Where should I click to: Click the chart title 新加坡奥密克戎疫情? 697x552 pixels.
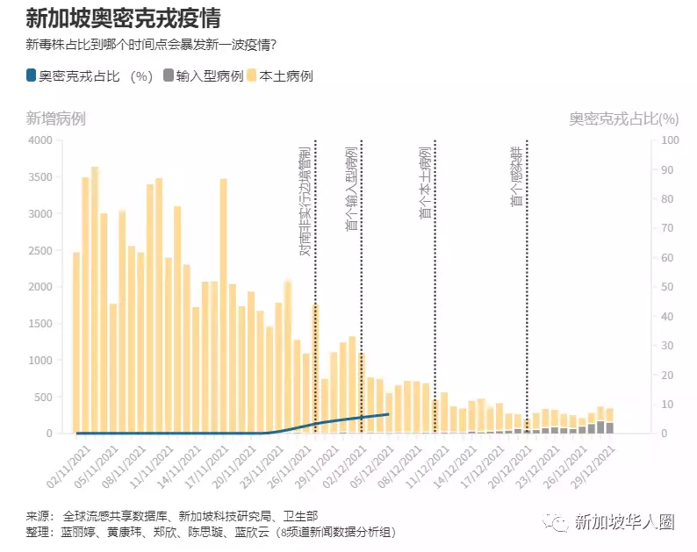coord(123,18)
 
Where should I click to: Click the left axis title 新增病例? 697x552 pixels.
coord(56,118)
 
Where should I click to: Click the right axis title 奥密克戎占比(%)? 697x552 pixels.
coord(623,118)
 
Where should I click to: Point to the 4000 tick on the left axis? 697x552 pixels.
coord(40,140)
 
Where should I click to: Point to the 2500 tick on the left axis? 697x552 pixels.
coord(40,250)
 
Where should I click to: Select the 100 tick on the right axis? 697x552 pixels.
coord(668,140)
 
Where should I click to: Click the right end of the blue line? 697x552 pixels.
coord(388,414)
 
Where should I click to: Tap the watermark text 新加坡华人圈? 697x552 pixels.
coord(624,523)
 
